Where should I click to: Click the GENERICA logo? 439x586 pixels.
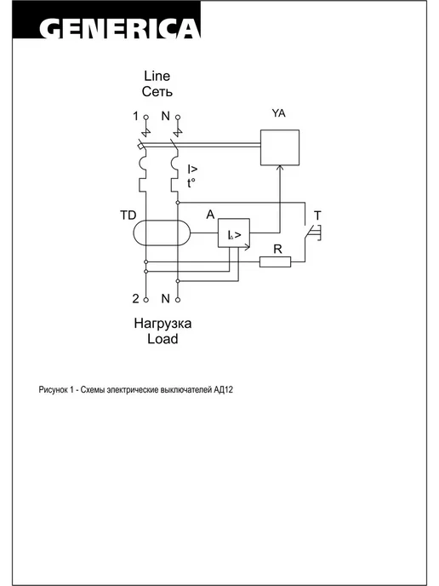pyautogui.click(x=119, y=29)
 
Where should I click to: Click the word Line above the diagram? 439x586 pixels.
pyautogui.click(x=157, y=76)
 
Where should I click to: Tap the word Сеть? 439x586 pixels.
pyautogui.click(x=157, y=92)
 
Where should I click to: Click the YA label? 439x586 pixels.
pyautogui.click(x=278, y=113)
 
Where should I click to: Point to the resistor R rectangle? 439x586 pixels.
pyautogui.click(x=275, y=261)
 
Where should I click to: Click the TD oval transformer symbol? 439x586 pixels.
pyautogui.click(x=162, y=233)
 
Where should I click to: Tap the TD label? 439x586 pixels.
pyautogui.click(x=128, y=215)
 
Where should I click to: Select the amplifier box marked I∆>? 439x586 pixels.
pyautogui.click(x=234, y=233)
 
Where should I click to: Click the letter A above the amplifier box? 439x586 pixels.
pyautogui.click(x=210, y=215)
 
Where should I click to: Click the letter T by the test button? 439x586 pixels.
pyautogui.click(x=317, y=215)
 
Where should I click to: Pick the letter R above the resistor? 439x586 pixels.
pyautogui.click(x=277, y=249)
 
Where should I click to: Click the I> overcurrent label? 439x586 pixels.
pyautogui.click(x=192, y=169)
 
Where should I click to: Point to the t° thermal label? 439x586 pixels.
pyautogui.click(x=191, y=183)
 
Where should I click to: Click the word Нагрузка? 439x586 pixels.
pyautogui.click(x=162, y=324)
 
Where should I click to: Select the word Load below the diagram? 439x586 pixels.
pyautogui.click(x=162, y=339)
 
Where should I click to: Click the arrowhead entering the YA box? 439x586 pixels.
pyautogui.click(x=280, y=169)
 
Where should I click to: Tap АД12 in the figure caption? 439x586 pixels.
pyautogui.click(x=224, y=390)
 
